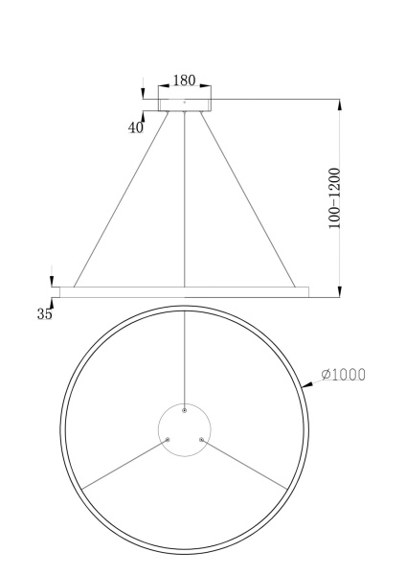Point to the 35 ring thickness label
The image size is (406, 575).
[x=45, y=313]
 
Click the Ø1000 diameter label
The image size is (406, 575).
[x=344, y=375]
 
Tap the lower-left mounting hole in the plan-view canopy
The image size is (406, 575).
[x=167, y=440]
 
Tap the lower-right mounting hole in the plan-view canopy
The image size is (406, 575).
[x=201, y=440]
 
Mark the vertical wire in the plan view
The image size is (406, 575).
[x=184, y=355]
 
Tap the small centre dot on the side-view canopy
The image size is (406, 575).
[x=184, y=100]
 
